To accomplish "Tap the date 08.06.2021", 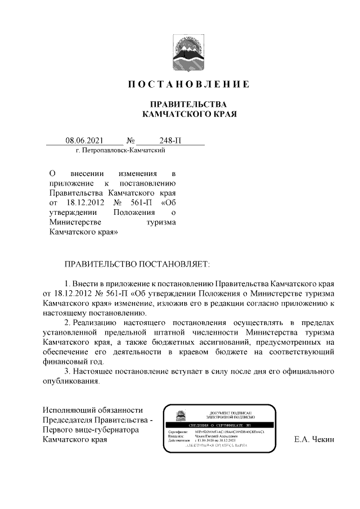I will pyautogui.click(x=84, y=141).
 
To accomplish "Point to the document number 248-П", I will pyautogui.click(x=169, y=141).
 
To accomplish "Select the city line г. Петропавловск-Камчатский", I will pyautogui.click(x=115, y=151).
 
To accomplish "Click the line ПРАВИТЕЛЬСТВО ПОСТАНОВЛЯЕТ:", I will pyautogui.click(x=137, y=263).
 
